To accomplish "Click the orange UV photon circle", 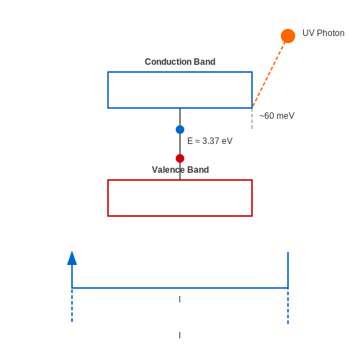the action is tap(288, 36).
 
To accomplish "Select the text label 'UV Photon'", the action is tap(323, 33).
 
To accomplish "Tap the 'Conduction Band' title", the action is tap(180, 62).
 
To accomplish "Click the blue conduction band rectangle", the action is tap(180, 72).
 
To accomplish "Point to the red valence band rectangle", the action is tap(180, 180).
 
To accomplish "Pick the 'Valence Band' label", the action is tap(181, 170).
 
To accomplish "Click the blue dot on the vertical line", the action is tap(180, 130).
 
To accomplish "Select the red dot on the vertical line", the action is tap(180, 158).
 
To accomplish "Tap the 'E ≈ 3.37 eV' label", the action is tap(210, 141).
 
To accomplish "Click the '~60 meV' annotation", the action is tap(276, 116).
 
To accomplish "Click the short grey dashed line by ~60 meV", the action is tap(252, 119).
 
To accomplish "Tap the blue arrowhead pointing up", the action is tap(72, 258).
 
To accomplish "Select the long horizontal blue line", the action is tap(180, 288).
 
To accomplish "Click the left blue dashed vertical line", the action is tap(72, 305).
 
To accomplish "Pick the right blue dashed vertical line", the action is tap(288, 307).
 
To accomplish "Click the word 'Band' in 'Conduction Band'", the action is tap(204, 62).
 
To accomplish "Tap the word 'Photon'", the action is tap(330, 33).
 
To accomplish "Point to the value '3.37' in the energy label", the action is tap(211, 141).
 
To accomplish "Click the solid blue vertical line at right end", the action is tap(288, 270).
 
